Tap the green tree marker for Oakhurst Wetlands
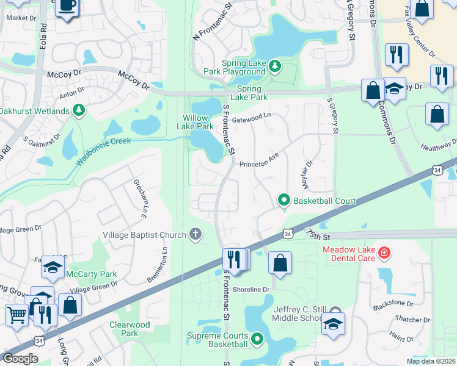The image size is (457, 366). click(x=78, y=110)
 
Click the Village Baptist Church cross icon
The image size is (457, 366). click(x=196, y=234)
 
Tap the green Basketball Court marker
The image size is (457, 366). click(x=283, y=199)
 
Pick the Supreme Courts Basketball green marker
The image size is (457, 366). click(x=257, y=338)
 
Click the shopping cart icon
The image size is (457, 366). click(x=16, y=314)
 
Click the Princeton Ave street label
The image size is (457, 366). click(x=258, y=163)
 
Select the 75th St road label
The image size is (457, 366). click(x=317, y=236)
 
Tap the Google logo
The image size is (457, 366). click(x=20, y=359)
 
